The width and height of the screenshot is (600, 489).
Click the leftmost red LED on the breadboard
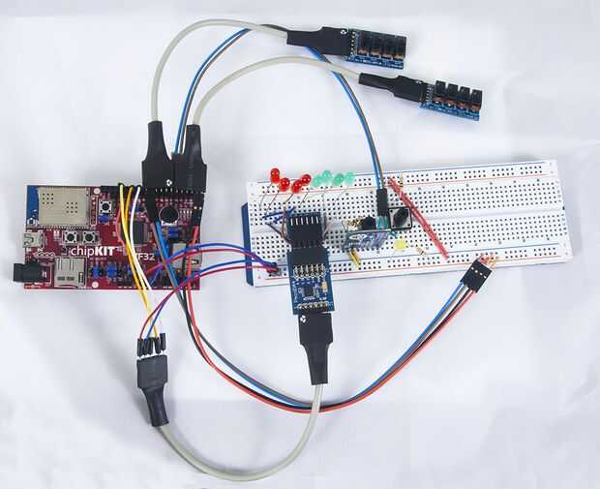[x=275, y=175]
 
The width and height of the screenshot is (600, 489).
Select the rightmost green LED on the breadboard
[x=349, y=177]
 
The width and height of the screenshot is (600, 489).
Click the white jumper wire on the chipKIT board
[x=137, y=208]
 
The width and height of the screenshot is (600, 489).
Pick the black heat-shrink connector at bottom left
[x=152, y=382]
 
